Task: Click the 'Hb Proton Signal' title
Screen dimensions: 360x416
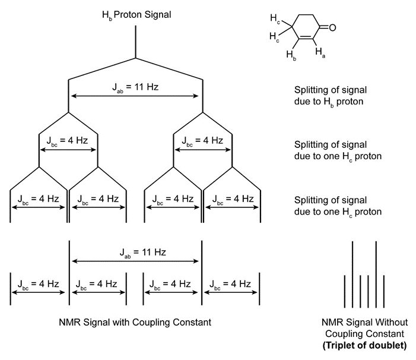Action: pos(136,12)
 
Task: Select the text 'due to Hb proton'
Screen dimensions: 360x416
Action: pos(329,102)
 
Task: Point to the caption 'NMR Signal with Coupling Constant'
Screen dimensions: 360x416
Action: pos(135,322)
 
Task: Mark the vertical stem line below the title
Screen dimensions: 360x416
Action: pos(136,42)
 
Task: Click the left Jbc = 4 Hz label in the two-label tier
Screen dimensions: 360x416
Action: pos(68,141)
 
